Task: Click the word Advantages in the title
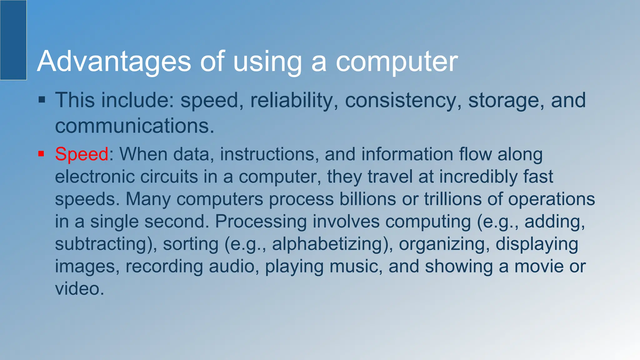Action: pyautogui.click(x=114, y=62)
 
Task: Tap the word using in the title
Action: pyautogui.click(x=267, y=62)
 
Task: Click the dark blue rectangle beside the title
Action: pyautogui.click(x=13, y=40)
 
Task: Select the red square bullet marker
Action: pyautogui.click(x=41, y=154)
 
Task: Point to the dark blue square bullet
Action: pyautogui.click(x=42, y=100)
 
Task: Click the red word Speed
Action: pyautogui.click(x=82, y=154)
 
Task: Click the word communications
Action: pyautogui.click(x=134, y=126)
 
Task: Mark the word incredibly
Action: pyautogui.click(x=478, y=177)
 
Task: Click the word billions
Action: pyautogui.click(x=367, y=199)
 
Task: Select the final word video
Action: pyautogui.click(x=79, y=288)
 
